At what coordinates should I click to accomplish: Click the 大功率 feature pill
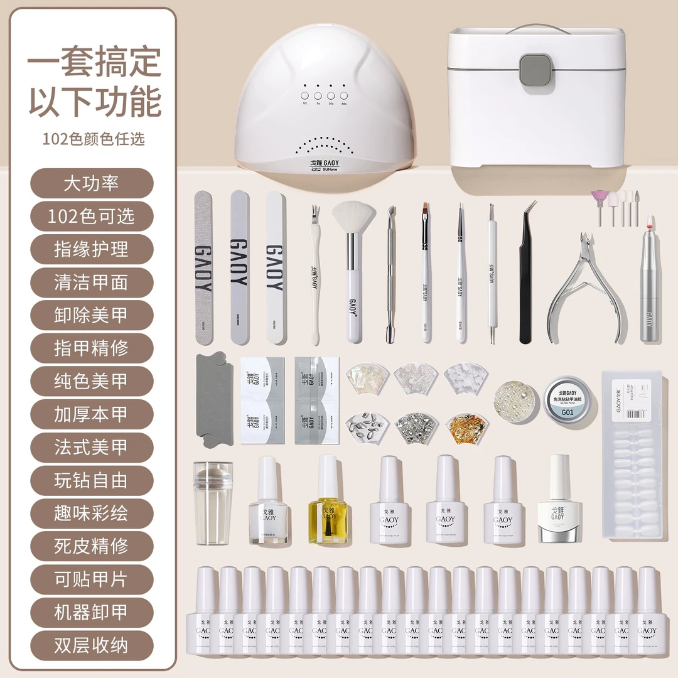click(x=91, y=184)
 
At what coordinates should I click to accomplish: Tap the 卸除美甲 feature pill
click(x=91, y=315)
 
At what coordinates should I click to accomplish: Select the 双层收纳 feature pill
click(x=91, y=645)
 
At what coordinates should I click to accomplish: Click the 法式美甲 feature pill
click(x=91, y=447)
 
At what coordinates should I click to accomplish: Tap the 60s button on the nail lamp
click(x=344, y=95)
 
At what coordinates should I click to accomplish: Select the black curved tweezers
click(x=526, y=276)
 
